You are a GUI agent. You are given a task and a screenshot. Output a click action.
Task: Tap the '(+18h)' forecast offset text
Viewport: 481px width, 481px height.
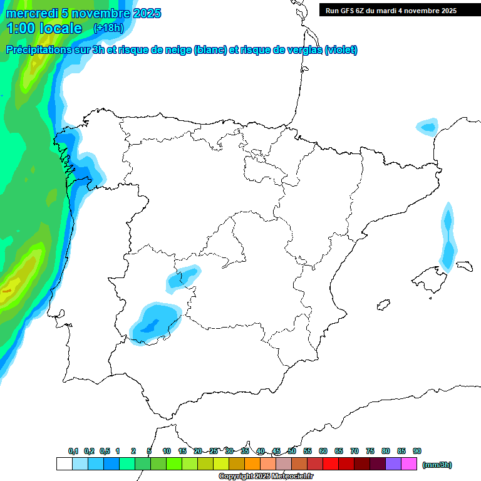[x=108, y=28]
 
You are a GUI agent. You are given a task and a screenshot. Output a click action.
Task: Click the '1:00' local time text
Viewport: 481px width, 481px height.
[x=20, y=28]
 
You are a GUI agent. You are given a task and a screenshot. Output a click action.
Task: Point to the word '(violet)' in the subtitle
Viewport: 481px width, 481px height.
[x=341, y=50]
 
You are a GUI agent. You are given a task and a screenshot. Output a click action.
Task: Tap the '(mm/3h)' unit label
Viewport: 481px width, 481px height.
[x=437, y=465]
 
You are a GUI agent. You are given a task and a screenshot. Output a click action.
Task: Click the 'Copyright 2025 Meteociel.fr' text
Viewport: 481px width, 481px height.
[x=266, y=477]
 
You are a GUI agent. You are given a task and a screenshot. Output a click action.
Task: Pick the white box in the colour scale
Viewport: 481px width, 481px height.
[x=64, y=464]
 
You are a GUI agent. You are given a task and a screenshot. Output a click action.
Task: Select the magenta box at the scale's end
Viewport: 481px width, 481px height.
[x=409, y=464]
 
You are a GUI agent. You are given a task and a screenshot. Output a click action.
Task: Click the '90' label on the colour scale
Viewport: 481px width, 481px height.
[x=417, y=451]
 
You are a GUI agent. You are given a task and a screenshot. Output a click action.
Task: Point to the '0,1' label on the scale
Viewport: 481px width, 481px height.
[x=73, y=451]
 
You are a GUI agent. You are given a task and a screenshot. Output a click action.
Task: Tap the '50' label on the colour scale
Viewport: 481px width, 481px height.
[x=292, y=451]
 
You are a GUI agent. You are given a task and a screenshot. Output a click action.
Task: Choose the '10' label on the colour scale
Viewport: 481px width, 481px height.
[x=167, y=451]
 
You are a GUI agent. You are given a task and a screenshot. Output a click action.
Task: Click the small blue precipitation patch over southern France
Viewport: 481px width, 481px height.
[x=428, y=127]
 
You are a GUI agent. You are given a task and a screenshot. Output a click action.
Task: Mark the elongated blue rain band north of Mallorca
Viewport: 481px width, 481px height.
[x=448, y=238]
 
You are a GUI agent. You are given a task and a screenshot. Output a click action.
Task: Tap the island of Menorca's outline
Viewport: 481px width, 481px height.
[x=464, y=266]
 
